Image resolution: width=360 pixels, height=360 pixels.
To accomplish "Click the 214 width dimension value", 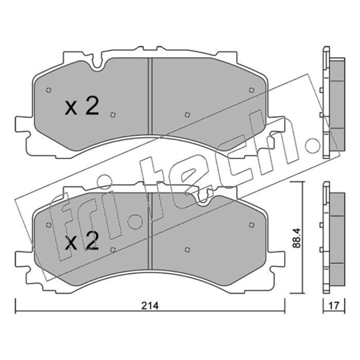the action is pos(150,306).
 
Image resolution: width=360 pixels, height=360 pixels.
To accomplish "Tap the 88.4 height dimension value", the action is pos(297,238).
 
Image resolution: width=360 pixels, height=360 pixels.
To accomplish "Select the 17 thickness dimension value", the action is pos(334,306).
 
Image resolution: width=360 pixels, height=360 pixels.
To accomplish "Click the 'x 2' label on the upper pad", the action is pos(82,106).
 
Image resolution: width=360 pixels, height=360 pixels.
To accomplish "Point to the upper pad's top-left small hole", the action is pos(49,90).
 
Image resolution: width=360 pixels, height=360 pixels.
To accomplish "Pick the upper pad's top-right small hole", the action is pos(252,90).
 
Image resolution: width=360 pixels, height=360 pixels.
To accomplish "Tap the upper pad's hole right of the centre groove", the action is pos(187,115).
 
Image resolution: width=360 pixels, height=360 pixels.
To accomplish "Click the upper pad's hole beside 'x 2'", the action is pos(113,115).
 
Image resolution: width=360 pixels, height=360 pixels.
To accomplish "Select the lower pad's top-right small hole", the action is pos(252,225).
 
